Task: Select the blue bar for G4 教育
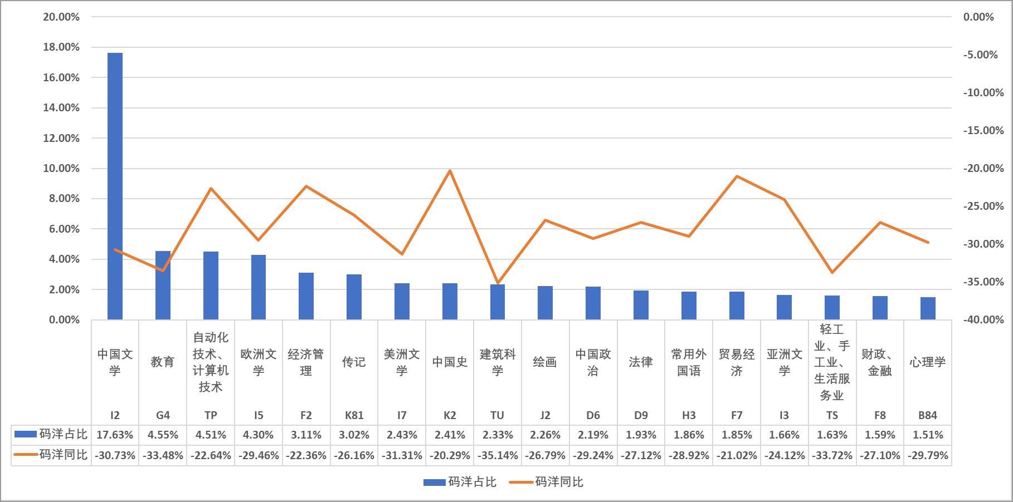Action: coord(163,286)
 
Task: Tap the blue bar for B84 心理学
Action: coord(928,308)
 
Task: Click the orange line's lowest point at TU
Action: coord(498,283)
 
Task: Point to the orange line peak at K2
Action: coord(450,170)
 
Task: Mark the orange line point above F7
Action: coord(737,176)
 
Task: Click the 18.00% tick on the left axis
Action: coord(61,47)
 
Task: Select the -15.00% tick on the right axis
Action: coord(983,131)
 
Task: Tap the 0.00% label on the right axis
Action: coord(978,17)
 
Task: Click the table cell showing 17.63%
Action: coord(115,435)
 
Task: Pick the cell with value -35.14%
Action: coord(498,456)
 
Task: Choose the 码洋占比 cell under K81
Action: coord(354,435)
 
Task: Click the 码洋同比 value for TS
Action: coord(832,456)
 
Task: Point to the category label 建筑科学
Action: coord(498,362)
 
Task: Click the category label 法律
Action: coord(641,362)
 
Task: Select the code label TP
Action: coord(211,415)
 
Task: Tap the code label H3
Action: coord(689,415)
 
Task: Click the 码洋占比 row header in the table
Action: coord(51,435)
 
